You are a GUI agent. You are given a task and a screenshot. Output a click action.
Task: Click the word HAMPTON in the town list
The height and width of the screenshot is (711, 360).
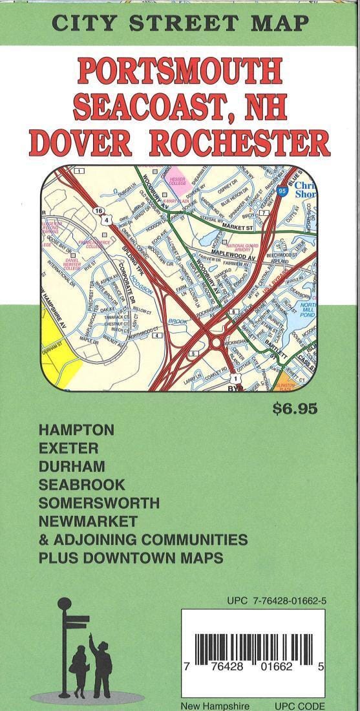pyautogui.click(x=76, y=430)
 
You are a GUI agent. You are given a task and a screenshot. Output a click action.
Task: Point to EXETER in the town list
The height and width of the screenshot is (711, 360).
pyautogui.click(x=68, y=448)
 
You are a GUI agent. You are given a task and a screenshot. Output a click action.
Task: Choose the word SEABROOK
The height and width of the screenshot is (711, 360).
pyautogui.click(x=81, y=484)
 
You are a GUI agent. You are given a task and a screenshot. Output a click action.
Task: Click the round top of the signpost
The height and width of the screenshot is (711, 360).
pyautogui.click(x=64, y=604)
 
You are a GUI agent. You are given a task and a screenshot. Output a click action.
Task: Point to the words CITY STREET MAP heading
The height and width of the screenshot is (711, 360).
pyautogui.click(x=180, y=23)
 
